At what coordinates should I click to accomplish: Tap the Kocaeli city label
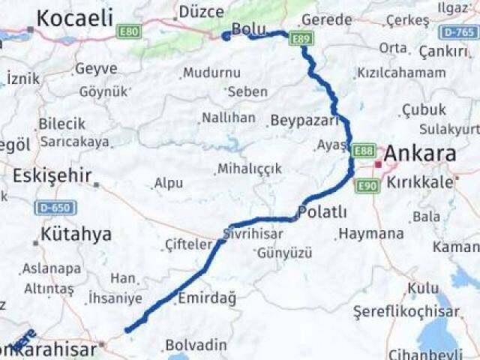74,18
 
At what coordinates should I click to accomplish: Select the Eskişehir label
52,176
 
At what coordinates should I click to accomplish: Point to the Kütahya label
76,234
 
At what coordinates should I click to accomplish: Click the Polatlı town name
322,212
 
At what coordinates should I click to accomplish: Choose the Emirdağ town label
206,298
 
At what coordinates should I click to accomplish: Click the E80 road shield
128,31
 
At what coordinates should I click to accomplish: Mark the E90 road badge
367,184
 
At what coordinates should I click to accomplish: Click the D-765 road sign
458,31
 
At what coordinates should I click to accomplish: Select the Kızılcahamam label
401,73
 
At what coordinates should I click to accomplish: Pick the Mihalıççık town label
250,169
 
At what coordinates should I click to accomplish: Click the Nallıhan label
229,118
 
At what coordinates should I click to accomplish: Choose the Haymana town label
370,234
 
